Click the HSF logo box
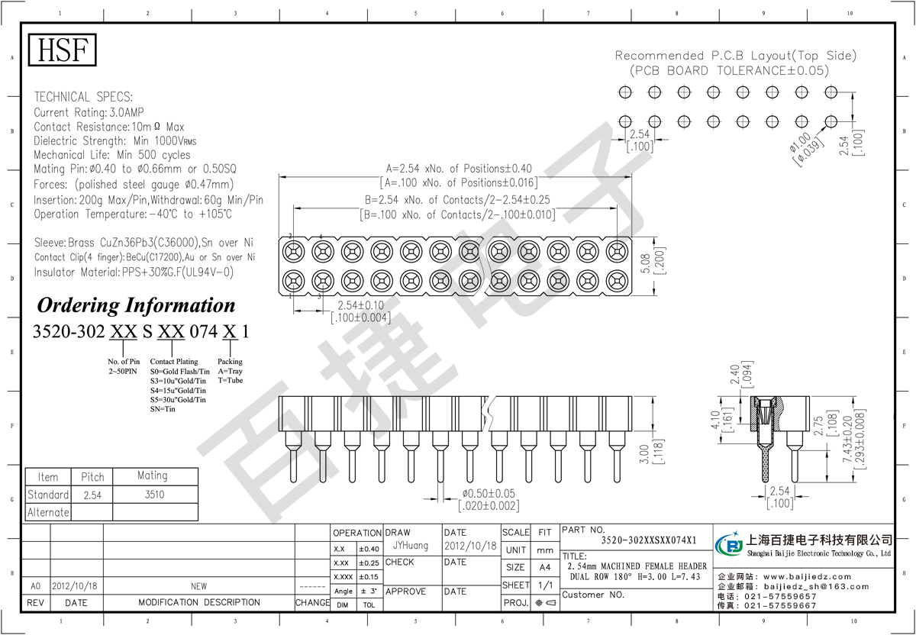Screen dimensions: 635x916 [x=63, y=50]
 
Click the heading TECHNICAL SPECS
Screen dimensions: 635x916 [x=83, y=97]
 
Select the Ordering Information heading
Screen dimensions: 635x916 [x=137, y=305]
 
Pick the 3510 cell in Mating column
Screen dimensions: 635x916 [x=153, y=495]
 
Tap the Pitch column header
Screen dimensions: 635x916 [x=92, y=476]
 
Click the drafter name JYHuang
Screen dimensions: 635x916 [x=411, y=546]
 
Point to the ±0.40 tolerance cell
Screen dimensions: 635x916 [x=369, y=549]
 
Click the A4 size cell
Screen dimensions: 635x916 [x=545, y=567]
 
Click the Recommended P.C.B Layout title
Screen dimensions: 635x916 [x=735, y=56]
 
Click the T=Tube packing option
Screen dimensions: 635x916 [x=231, y=380]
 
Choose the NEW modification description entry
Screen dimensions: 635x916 [x=198, y=586]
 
